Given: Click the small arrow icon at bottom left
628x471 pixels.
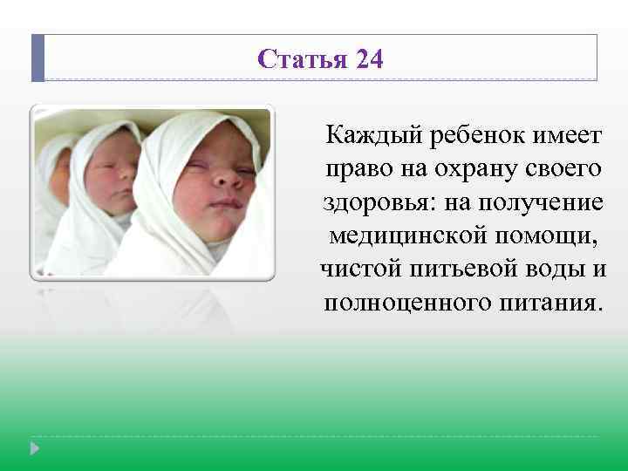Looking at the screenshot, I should (x=35, y=448).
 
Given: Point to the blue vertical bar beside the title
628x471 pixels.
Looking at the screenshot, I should (x=37, y=58).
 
